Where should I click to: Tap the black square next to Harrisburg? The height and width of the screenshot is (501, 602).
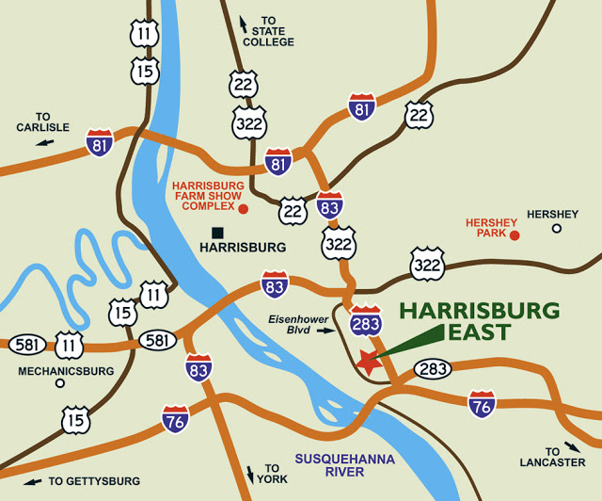click(217, 232)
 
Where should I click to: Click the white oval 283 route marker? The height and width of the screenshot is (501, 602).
click(433, 369)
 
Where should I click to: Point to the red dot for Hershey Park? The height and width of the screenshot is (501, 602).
click(514, 234)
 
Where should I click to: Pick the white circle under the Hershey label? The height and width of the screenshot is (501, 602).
click(556, 228)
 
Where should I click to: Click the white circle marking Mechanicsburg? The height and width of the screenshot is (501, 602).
click(59, 383)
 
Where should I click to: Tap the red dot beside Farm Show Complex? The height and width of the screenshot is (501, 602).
click(243, 208)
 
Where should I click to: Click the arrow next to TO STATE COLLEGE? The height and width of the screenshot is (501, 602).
click(245, 23)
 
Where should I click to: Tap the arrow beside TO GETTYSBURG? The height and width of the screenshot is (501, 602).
click(32, 481)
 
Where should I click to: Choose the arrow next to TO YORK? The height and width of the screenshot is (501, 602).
click(250, 474)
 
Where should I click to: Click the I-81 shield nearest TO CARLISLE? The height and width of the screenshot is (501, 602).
click(99, 142)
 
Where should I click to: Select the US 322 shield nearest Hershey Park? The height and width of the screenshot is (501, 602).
click(427, 264)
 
